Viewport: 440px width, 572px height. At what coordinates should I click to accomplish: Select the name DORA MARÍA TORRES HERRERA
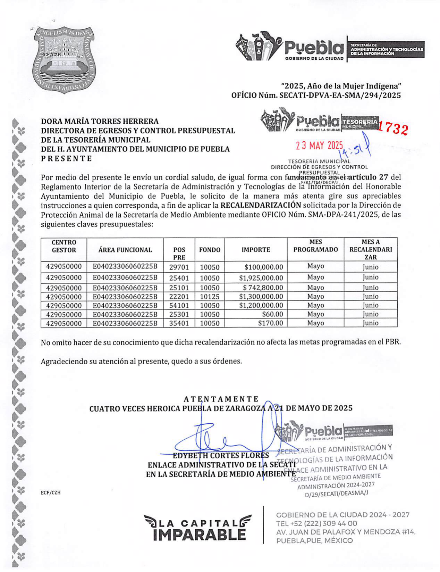[x=100, y=121]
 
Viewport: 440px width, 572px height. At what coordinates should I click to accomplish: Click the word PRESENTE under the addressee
[x=67, y=159]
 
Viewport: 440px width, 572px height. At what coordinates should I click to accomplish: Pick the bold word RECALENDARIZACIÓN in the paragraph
[x=261, y=205]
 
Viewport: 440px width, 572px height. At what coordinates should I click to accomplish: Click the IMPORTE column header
[x=256, y=249]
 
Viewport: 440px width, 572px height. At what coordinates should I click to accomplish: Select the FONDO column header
[x=210, y=249]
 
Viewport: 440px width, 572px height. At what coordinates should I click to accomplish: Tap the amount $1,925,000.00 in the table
[x=261, y=278]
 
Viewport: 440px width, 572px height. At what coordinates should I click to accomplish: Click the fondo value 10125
[x=210, y=297]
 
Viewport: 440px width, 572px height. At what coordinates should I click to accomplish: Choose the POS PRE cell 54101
[x=179, y=306]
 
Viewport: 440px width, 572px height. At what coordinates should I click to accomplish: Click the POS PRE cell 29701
[x=179, y=267]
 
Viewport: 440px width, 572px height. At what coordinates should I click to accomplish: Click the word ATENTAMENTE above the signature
[x=221, y=399]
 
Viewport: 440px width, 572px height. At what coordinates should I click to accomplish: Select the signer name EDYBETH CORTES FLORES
[x=221, y=455]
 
